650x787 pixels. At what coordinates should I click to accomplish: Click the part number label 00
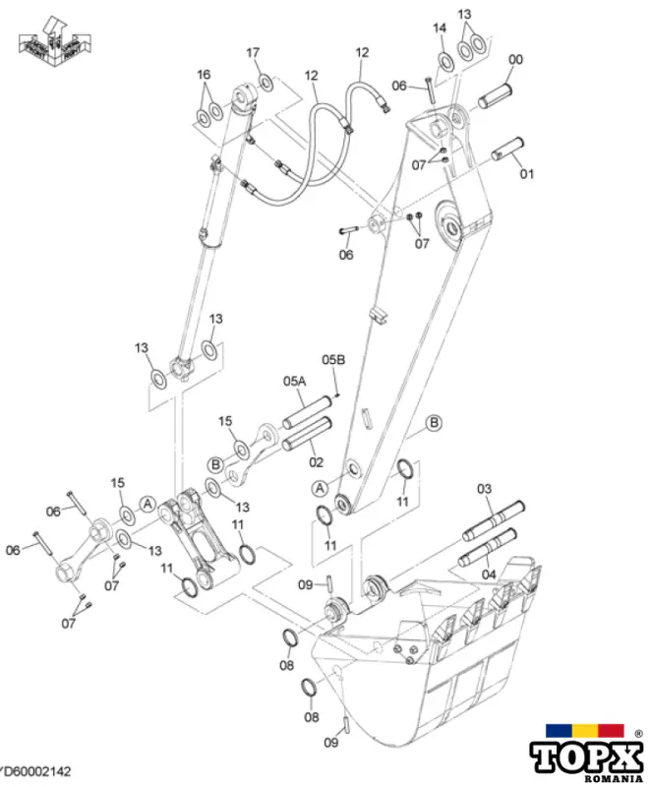[x=515, y=61]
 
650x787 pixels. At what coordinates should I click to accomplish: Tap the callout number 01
[x=527, y=174]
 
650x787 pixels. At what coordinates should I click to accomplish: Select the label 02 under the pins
[x=316, y=460]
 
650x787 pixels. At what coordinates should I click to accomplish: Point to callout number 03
[x=485, y=489]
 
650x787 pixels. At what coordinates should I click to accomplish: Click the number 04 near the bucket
[x=489, y=574]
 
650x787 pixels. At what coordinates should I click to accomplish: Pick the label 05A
[x=295, y=380]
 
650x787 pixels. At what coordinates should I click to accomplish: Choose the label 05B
[x=334, y=359]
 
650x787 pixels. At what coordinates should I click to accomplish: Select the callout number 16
[x=204, y=75]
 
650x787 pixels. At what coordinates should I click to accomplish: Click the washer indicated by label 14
[x=445, y=62]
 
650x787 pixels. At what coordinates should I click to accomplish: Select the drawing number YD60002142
[x=35, y=775]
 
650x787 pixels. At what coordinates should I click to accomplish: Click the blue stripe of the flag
[x=560, y=729]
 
